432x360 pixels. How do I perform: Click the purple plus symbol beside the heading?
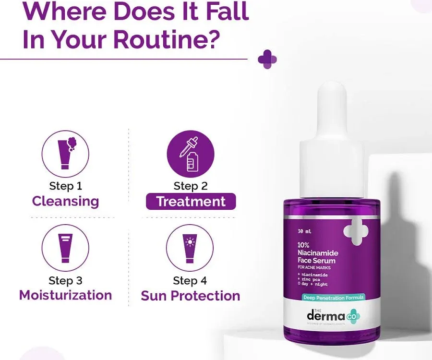pyautogui.click(x=267, y=59)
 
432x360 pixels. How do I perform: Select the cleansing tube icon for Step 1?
pyautogui.click(x=65, y=153)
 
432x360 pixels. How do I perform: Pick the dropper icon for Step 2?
pyautogui.click(x=191, y=153)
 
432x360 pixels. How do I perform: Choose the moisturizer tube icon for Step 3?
pyautogui.click(x=65, y=248)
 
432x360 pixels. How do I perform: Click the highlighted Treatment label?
pyautogui.click(x=191, y=202)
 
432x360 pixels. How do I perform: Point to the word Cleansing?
pyautogui.click(x=65, y=201)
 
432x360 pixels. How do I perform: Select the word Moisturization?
pyautogui.click(x=65, y=295)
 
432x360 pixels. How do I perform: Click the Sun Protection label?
pyautogui.click(x=191, y=296)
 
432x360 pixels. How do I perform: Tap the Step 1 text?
pyautogui.click(x=65, y=186)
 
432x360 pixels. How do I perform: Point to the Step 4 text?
pyautogui.click(x=190, y=280)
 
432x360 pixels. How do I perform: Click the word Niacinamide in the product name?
pyautogui.click(x=318, y=252)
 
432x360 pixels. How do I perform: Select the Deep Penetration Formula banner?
pyautogui.click(x=333, y=298)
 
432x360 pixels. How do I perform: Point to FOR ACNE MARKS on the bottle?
pyautogui.click(x=314, y=267)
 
